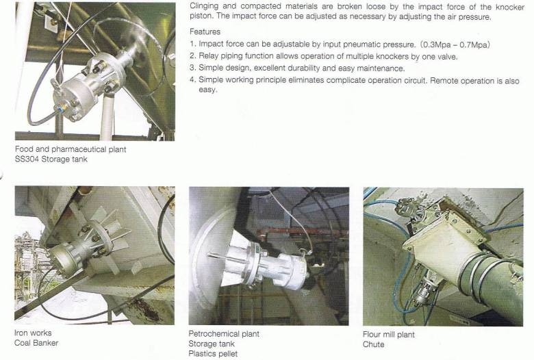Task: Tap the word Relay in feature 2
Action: click(209, 56)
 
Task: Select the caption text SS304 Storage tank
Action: click(51, 159)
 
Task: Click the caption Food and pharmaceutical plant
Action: click(70, 149)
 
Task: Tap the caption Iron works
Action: click(31, 333)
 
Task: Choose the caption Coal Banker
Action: click(36, 343)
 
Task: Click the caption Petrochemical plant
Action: click(224, 334)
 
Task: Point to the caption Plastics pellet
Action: click(213, 354)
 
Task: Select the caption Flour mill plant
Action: click(389, 335)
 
